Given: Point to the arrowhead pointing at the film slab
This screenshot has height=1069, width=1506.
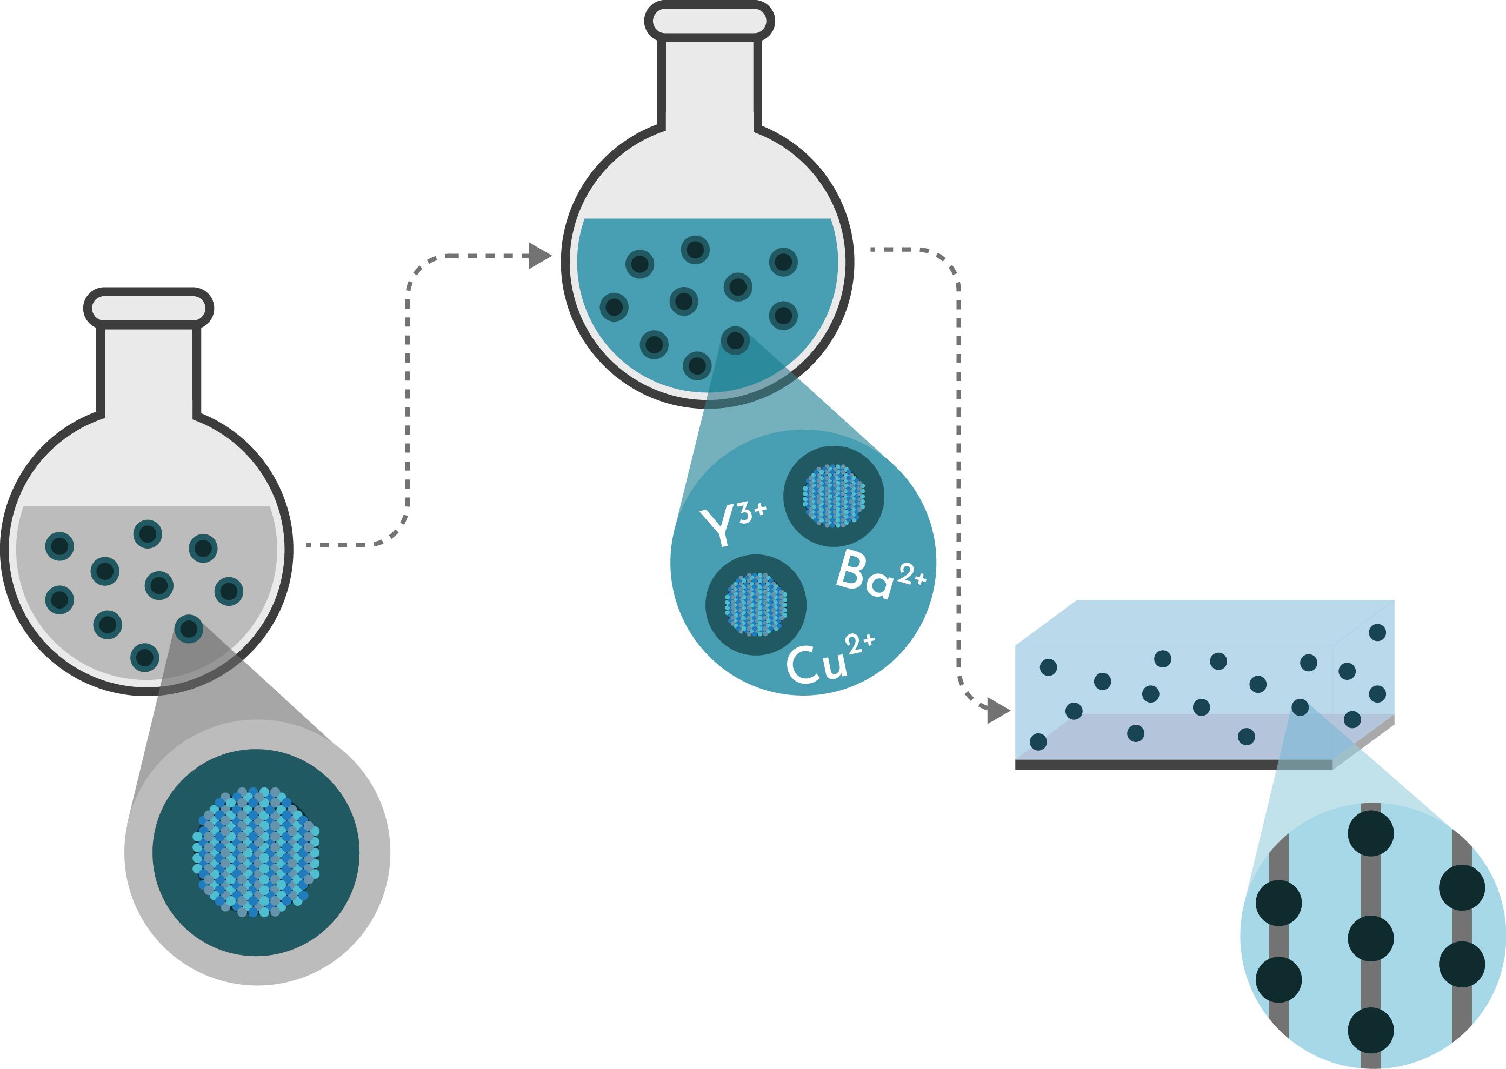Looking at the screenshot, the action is coord(998,711).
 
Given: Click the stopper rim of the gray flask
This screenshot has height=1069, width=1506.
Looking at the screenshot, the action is coord(149,308).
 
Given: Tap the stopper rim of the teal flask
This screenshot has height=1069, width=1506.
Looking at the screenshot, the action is coord(710,21).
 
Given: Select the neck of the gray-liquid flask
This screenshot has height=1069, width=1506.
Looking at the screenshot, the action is coord(149,370).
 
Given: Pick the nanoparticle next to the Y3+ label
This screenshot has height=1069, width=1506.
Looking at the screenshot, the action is coord(834,496).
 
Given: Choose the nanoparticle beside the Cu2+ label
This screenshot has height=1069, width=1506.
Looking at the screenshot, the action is coord(756,604).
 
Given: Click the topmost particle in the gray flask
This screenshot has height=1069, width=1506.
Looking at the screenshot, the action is coord(148,533).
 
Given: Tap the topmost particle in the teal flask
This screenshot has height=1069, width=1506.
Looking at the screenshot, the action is coord(695,250).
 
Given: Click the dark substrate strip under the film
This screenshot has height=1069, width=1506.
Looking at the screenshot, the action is coord(1174,764).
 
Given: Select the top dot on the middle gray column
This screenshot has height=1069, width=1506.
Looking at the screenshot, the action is coord(1371,833).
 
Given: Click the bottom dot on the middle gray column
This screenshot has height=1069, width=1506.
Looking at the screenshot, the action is coord(1371,1030).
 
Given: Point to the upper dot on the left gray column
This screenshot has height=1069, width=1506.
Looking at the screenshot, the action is coord(1279,903).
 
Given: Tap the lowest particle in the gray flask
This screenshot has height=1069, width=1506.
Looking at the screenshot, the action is coord(145,657).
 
